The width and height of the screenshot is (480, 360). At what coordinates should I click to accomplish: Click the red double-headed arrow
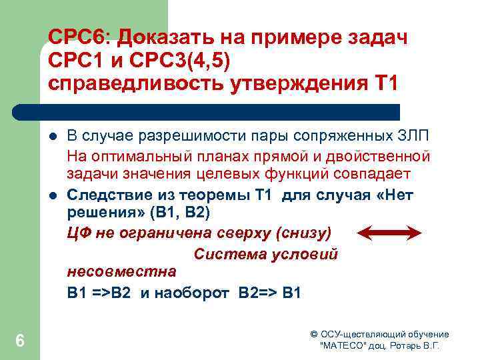(x=390, y=233)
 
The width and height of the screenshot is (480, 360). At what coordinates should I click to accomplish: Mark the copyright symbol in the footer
(x=314, y=334)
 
